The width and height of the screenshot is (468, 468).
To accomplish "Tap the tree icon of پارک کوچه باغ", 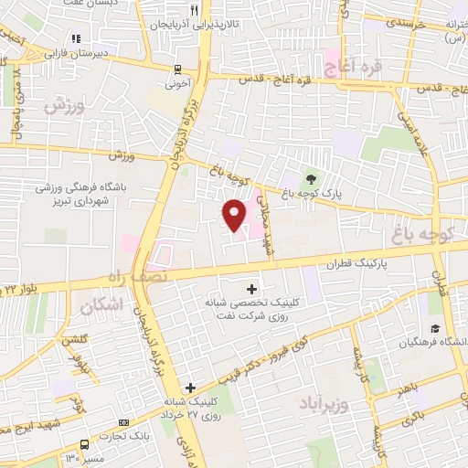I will click(x=313, y=179).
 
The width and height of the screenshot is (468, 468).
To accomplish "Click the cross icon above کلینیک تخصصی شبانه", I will click(x=252, y=289).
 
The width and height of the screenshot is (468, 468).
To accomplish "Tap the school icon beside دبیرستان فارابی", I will click(x=77, y=38).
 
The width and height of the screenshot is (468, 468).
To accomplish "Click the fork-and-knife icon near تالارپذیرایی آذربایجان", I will click(x=193, y=9).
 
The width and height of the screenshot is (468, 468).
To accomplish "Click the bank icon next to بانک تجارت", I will click(x=123, y=423).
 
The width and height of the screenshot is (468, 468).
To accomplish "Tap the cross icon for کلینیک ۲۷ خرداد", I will click(x=190, y=388).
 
